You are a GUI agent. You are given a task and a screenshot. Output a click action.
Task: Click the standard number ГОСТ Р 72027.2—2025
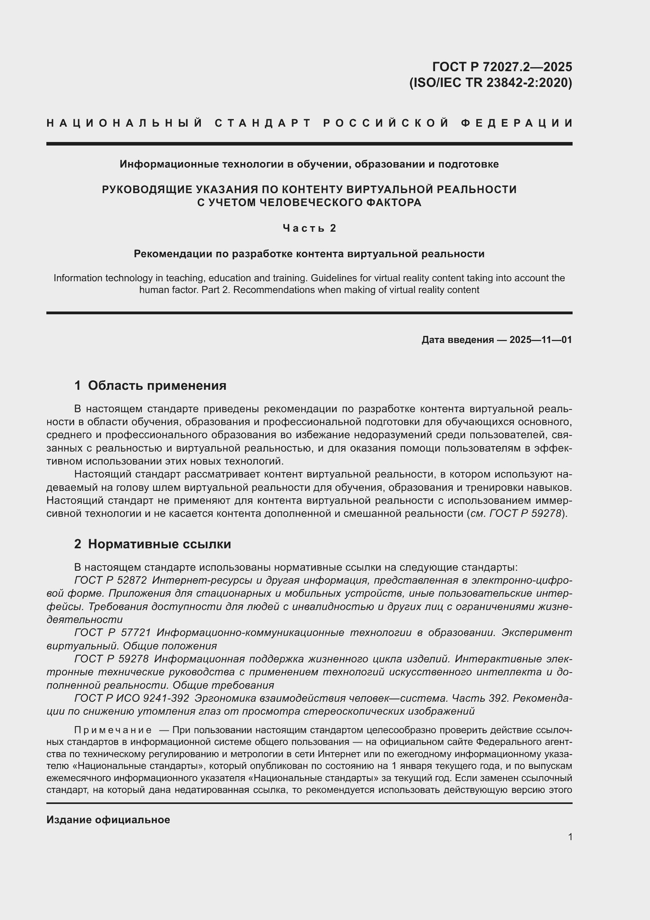tap(502, 66)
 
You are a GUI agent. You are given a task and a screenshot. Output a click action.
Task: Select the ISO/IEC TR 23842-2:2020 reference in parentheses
tap(490, 83)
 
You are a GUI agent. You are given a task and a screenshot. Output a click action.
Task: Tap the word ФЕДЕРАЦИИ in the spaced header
tap(517, 123)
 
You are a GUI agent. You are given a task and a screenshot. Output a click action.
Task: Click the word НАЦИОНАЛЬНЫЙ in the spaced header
tap(125, 123)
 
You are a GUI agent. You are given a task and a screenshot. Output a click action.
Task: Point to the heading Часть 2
tap(309, 228)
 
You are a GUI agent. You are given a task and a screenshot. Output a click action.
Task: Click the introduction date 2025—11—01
tap(540, 340)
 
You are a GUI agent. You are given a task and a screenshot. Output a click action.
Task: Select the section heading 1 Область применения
tap(150, 385)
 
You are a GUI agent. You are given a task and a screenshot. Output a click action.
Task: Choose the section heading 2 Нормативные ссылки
tap(152, 544)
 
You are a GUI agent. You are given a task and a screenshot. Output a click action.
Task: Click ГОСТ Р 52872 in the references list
tap(110, 580)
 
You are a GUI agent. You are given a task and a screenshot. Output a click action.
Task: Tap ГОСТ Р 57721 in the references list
tap(112, 632)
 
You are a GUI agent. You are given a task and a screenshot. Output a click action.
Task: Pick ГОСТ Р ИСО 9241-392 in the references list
tap(132, 698)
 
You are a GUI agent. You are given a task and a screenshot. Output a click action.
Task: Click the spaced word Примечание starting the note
tap(113, 730)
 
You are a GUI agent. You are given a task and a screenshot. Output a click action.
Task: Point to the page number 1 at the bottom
tap(570, 837)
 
